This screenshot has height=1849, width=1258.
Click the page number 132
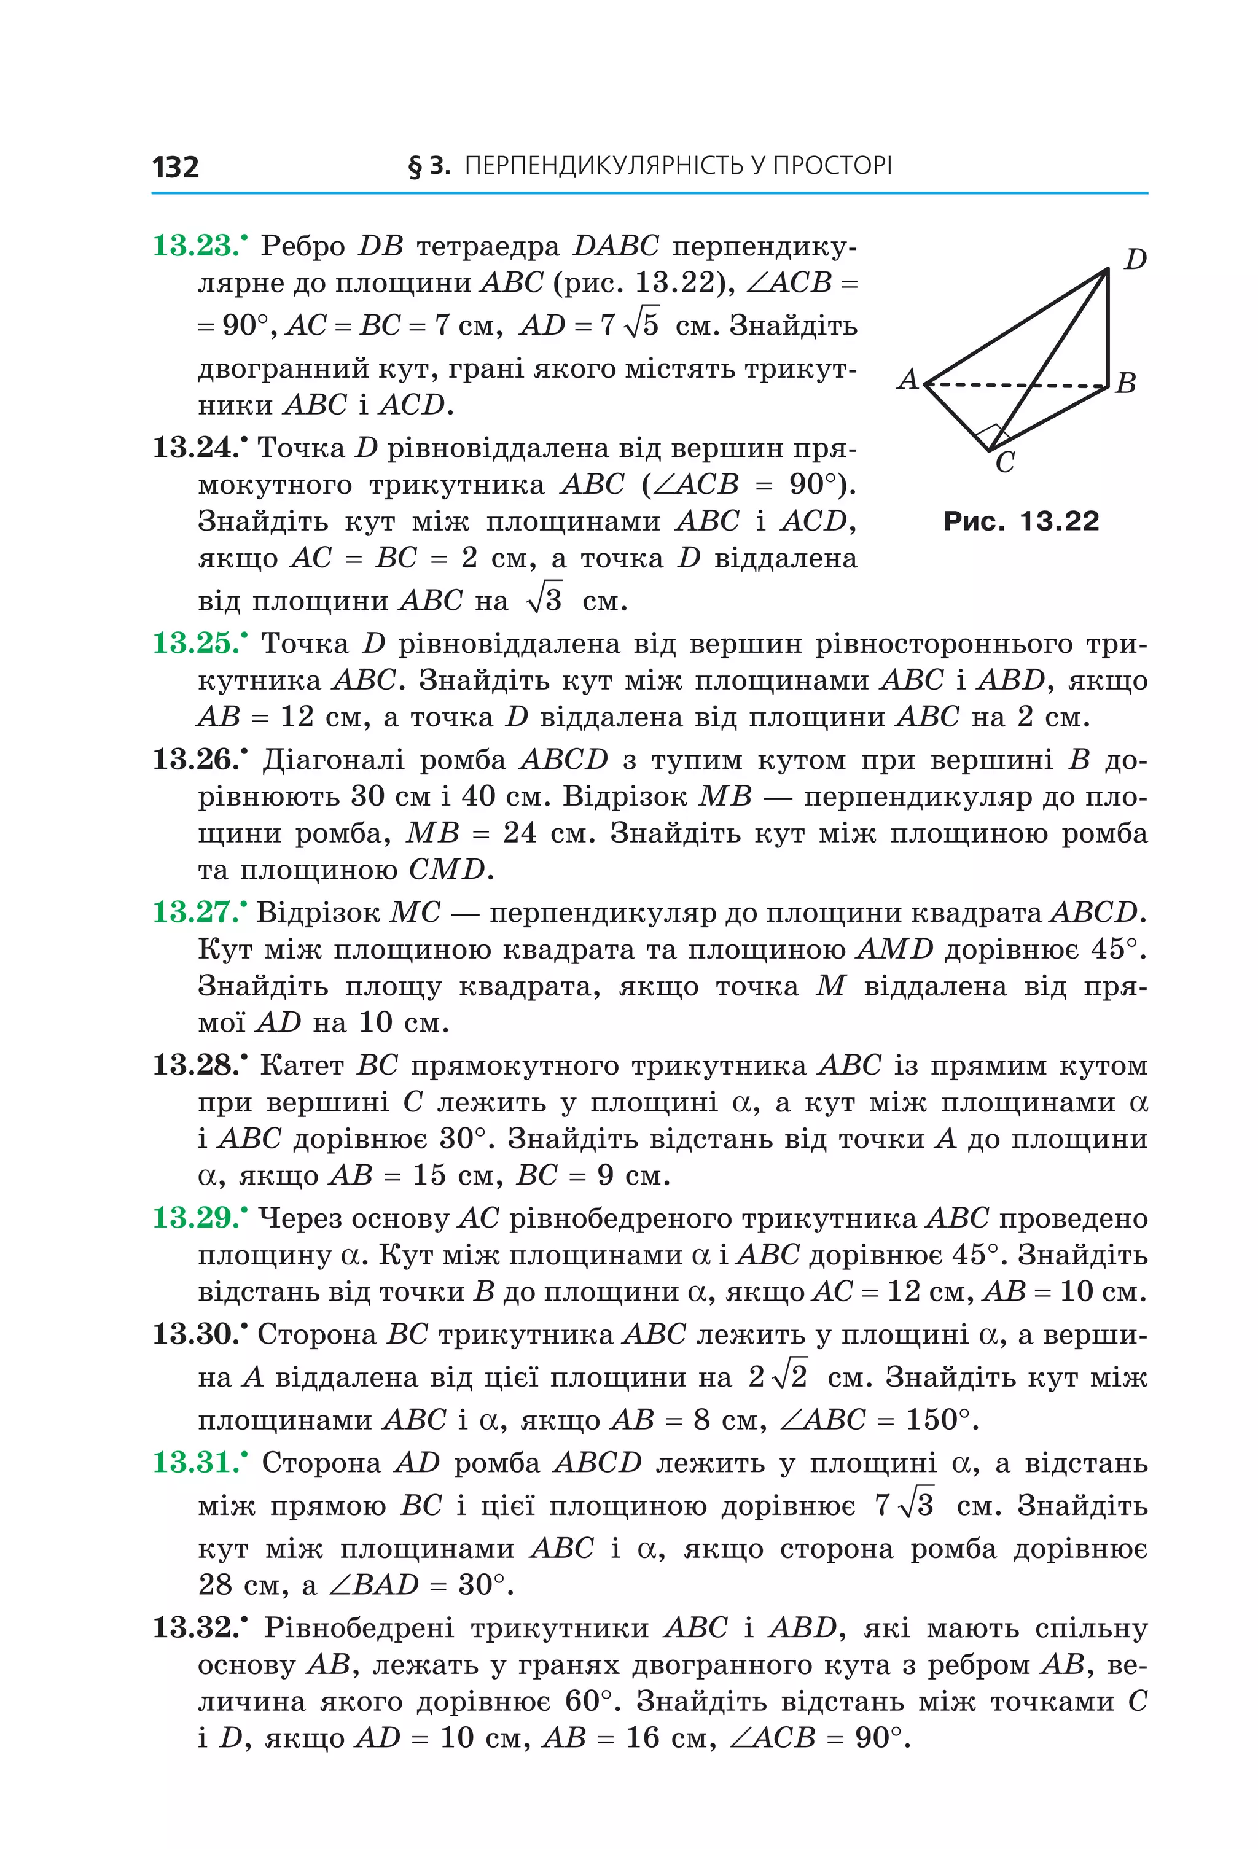(175, 167)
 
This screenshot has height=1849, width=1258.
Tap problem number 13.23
(194, 246)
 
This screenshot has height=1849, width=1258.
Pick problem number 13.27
(194, 912)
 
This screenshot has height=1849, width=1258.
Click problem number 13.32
(194, 1628)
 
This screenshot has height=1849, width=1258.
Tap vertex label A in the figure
(908, 380)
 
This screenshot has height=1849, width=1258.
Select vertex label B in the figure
(1125, 383)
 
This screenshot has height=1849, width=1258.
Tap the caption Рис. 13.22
(1021, 521)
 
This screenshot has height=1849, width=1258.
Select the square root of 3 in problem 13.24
(544, 599)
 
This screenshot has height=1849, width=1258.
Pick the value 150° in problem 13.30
(938, 1419)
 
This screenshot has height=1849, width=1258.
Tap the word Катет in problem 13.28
(302, 1065)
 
